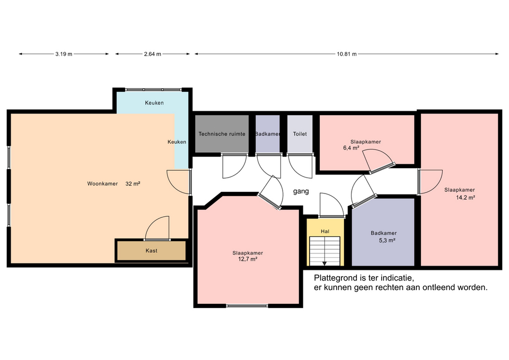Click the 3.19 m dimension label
(x=64, y=54)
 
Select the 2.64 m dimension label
(x=153, y=54)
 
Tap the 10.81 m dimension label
(x=347, y=54)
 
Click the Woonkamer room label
(x=102, y=184)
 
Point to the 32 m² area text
(x=133, y=184)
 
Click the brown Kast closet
(x=151, y=250)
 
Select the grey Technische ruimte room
(x=222, y=134)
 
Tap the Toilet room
(x=300, y=134)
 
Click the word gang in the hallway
(x=301, y=191)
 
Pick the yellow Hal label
(x=325, y=232)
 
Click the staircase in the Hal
(x=324, y=251)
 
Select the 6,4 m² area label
(x=351, y=148)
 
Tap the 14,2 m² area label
(x=466, y=197)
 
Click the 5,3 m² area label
(x=387, y=241)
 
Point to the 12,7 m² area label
(x=248, y=259)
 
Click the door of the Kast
(x=157, y=228)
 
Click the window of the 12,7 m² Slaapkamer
(x=248, y=305)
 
